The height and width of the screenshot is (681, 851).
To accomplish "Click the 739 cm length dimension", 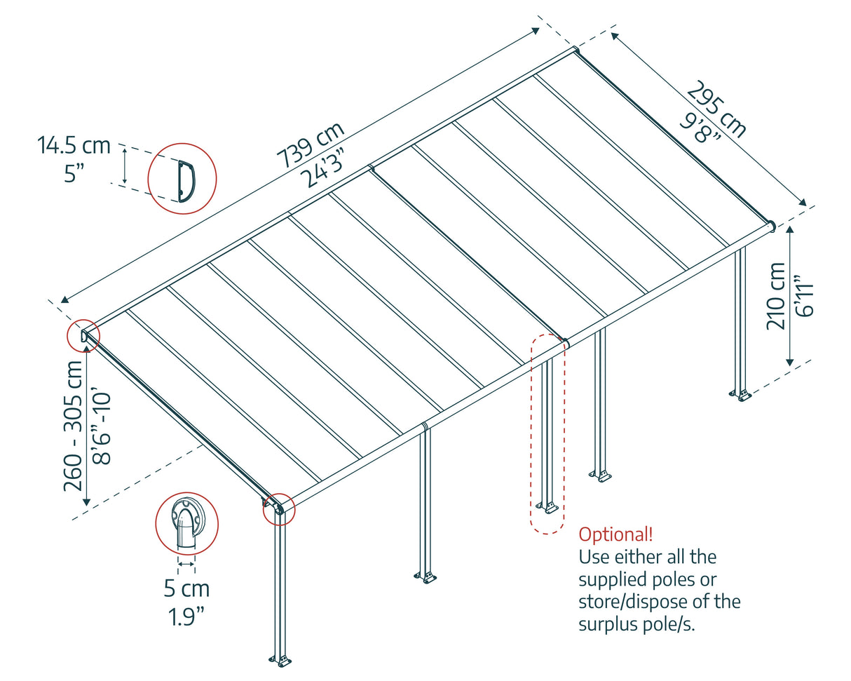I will tap(309, 145).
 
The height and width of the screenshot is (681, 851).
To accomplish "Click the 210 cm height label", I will tap(777, 295).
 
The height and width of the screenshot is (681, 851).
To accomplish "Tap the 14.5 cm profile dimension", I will tap(74, 145).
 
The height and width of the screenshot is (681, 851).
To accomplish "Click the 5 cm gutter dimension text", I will tap(186, 588).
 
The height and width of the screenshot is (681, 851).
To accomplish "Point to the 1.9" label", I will tap(186, 616).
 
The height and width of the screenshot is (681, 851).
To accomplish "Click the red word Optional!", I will tap(615, 534).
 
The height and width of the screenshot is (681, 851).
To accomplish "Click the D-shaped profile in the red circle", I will tap(184, 178).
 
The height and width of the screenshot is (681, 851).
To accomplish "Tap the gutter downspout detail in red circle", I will tap(186, 524).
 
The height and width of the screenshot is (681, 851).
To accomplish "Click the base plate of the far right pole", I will tap(742, 395).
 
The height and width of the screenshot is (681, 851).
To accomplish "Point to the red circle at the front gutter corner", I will tap(279, 509).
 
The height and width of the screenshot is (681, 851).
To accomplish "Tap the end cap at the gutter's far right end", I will tap(771, 226).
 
